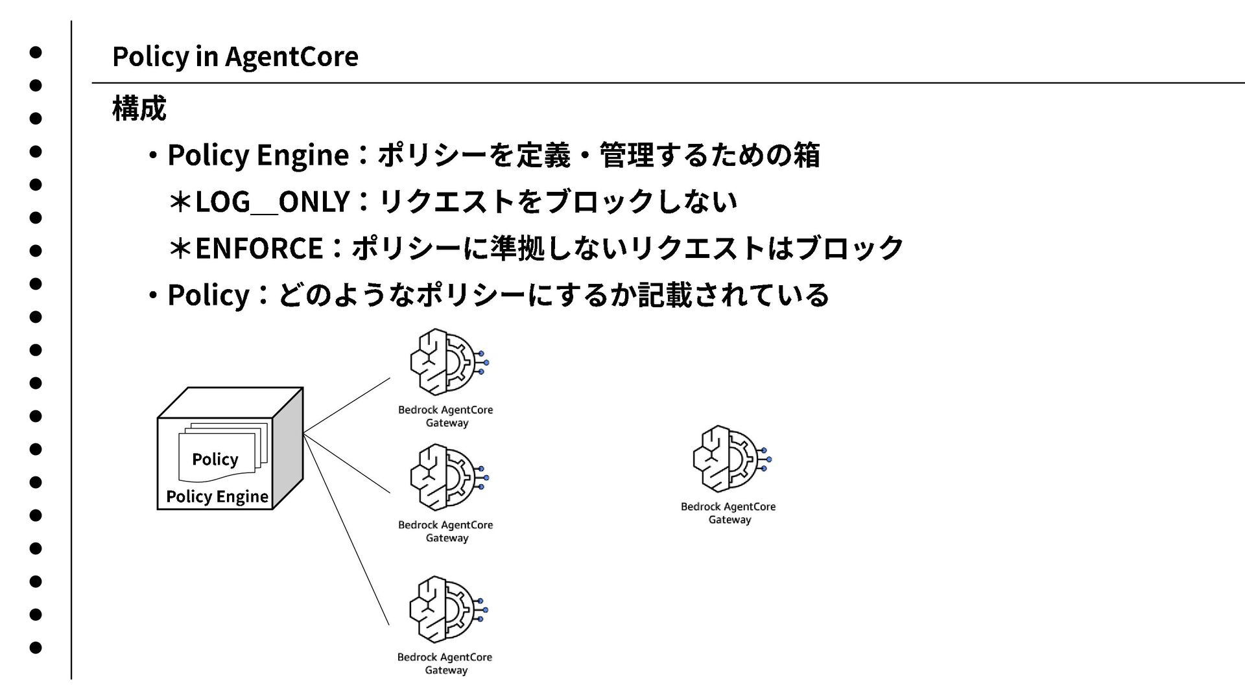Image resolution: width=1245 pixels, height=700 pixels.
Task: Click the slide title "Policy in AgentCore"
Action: click(235, 56)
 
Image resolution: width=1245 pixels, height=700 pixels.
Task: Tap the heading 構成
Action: click(139, 108)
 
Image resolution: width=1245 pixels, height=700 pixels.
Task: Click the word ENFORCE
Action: click(259, 248)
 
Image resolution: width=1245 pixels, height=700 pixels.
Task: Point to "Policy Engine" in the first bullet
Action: click(258, 156)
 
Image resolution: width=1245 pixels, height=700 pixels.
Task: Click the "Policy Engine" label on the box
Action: click(217, 496)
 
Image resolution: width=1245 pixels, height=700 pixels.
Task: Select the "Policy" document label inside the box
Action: click(215, 460)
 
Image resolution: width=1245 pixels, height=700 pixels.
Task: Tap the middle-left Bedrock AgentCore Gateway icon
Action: click(448, 477)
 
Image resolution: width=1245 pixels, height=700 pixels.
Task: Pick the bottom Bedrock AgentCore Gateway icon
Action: click(447, 609)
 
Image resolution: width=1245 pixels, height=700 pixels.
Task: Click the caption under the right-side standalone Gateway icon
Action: click(728, 513)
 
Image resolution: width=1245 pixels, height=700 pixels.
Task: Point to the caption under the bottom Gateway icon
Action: click(445, 663)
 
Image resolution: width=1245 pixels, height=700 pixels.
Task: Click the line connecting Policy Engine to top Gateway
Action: click(346, 404)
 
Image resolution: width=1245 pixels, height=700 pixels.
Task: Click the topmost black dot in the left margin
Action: click(36, 52)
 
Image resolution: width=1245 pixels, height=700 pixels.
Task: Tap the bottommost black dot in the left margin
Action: click(36, 647)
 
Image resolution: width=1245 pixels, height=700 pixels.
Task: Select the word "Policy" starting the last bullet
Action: click(208, 296)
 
